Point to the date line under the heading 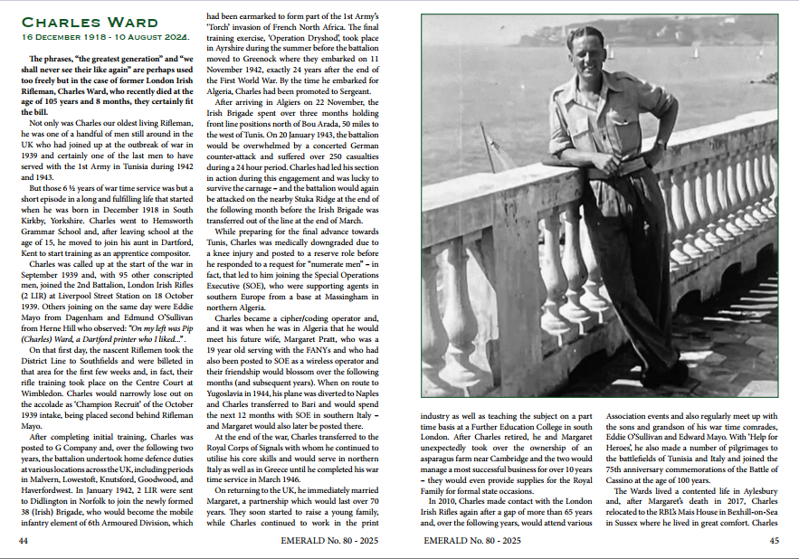tap(105, 38)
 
